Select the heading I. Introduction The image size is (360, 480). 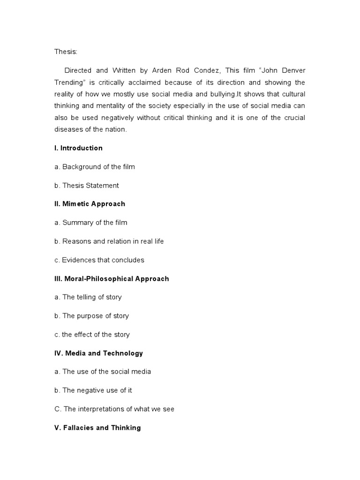click(78, 148)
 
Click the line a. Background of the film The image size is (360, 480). click(94, 167)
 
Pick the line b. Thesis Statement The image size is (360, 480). click(86, 186)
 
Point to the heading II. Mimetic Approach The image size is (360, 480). click(90, 204)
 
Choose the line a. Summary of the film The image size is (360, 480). click(90, 223)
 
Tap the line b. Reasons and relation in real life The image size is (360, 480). click(109, 241)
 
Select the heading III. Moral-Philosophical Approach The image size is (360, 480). click(112, 278)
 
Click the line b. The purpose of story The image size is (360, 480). click(91, 316)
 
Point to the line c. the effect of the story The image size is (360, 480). click(92, 335)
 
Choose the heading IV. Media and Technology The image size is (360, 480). click(98, 353)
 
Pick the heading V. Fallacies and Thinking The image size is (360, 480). click(97, 427)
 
